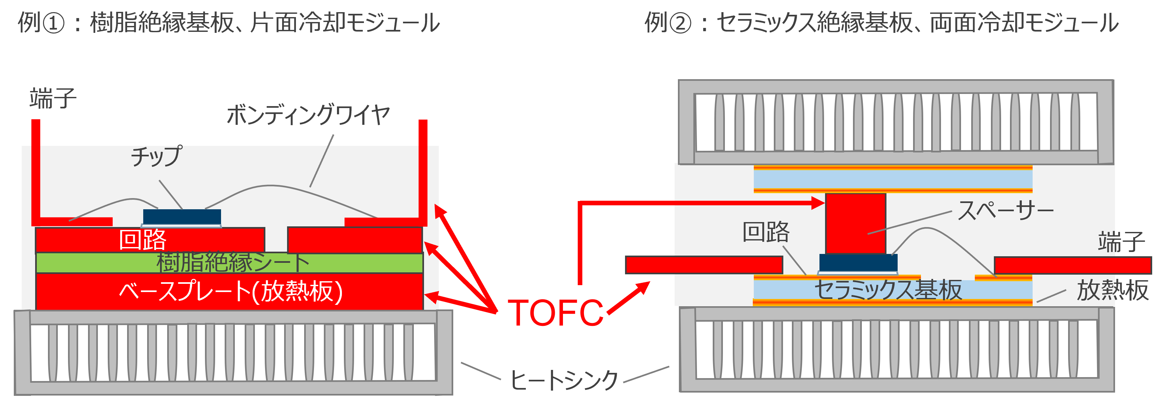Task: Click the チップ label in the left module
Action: click(x=156, y=156)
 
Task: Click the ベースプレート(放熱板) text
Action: click(x=231, y=291)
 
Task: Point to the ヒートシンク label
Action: click(x=564, y=380)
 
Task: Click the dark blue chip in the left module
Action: click(x=182, y=216)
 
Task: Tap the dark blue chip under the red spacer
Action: click(x=858, y=262)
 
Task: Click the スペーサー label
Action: click(x=1005, y=211)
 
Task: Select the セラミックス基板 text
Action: click(x=888, y=290)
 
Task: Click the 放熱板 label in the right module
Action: click(x=1112, y=290)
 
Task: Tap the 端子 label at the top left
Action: click(x=53, y=98)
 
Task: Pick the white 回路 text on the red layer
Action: click(x=142, y=239)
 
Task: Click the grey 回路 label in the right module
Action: click(x=766, y=232)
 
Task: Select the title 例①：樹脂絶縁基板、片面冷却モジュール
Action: click(x=229, y=23)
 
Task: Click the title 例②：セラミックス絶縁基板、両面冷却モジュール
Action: click(x=881, y=23)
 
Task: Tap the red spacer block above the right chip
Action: click(x=855, y=223)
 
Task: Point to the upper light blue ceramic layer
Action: click(x=892, y=179)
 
